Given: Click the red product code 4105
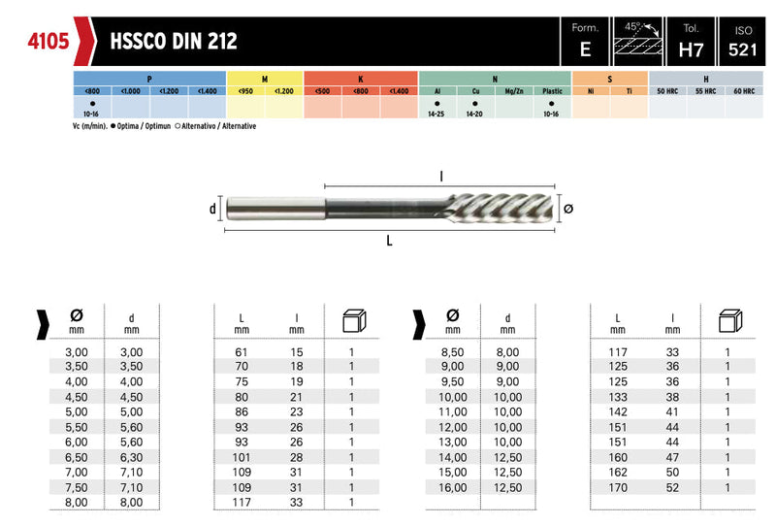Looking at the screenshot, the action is (48, 41).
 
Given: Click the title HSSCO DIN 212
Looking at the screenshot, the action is (174, 42).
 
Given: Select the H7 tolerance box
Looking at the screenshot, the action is (691, 42).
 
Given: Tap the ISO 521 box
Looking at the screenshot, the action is (742, 42).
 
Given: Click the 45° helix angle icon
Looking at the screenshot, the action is (638, 38).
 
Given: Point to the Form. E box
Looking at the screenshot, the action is (585, 42).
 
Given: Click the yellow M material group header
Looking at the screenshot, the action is (265, 79).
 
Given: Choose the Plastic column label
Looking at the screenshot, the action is (552, 91).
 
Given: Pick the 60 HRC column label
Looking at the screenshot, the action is (744, 91).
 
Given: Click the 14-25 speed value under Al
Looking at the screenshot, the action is (436, 114).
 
